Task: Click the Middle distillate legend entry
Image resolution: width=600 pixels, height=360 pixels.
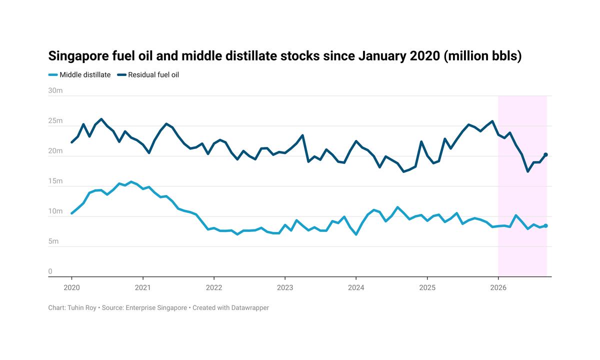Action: click(79, 74)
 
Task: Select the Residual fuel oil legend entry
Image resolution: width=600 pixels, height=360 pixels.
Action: click(148, 74)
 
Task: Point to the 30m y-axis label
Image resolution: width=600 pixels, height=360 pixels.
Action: click(55, 90)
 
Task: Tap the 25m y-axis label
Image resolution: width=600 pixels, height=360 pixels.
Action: click(55, 121)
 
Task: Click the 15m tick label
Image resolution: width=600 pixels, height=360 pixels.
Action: click(55, 181)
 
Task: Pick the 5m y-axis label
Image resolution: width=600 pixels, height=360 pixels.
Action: click(53, 241)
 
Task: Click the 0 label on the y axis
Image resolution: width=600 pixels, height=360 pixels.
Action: click(50, 271)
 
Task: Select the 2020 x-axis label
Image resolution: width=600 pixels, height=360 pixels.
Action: click(72, 287)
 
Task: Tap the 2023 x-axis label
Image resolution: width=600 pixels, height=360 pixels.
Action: click(285, 287)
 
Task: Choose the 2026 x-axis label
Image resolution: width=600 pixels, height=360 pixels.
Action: click(498, 287)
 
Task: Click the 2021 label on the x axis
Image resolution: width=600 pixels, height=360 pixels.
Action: click(143, 287)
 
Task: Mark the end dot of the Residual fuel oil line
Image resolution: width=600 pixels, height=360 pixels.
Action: click(545, 154)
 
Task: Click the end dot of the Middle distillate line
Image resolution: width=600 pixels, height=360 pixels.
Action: click(545, 226)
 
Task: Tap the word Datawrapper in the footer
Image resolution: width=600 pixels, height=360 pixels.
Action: click(250, 308)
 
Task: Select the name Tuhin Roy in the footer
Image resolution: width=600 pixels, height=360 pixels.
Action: click(81, 308)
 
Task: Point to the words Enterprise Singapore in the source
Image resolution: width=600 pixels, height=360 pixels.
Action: click(156, 308)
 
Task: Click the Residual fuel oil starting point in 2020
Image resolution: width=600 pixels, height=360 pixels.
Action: click(71, 142)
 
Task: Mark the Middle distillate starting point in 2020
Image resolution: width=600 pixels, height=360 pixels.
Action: click(71, 213)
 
